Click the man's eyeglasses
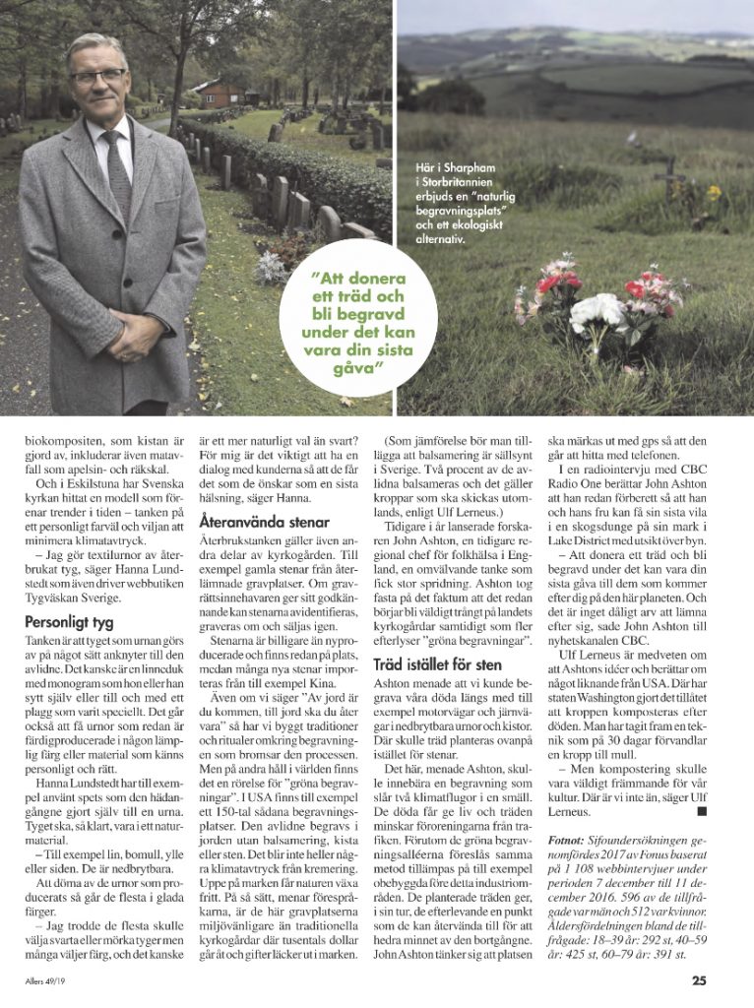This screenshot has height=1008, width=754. click(96, 77)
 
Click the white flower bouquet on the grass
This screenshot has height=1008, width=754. click(597, 312)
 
